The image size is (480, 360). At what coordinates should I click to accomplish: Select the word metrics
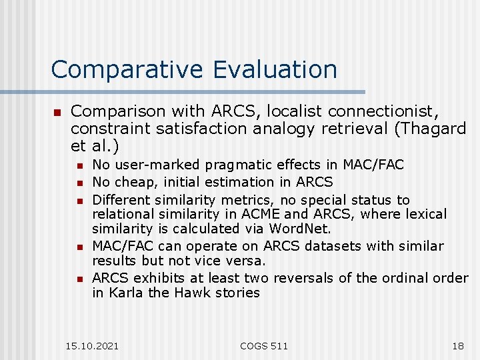pyautogui.click(x=239, y=200)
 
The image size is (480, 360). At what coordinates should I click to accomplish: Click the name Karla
pyautogui.click(x=124, y=293)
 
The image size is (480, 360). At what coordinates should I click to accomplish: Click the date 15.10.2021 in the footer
pyautogui.click(x=93, y=345)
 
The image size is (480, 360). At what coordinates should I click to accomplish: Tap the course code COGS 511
pyautogui.click(x=264, y=345)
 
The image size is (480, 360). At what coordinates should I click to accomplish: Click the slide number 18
pyautogui.click(x=457, y=345)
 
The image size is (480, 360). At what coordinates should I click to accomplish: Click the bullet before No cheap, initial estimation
pyautogui.click(x=79, y=183)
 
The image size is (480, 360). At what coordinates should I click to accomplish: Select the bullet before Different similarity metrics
pyautogui.click(x=79, y=201)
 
